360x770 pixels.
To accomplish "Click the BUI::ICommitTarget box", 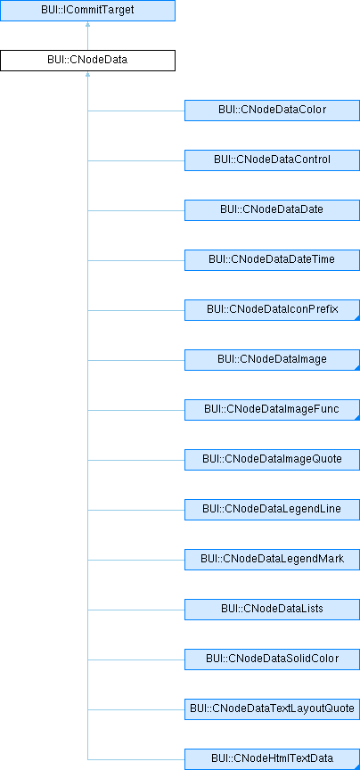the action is pyautogui.click(x=87, y=11).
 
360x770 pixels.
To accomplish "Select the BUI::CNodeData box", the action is pyautogui.click(x=87, y=61).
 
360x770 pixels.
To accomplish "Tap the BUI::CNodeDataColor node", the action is pyautogui.click(x=272, y=111).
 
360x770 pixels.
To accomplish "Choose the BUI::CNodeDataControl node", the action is pyautogui.click(x=272, y=160).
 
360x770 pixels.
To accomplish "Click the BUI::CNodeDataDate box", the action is pyautogui.click(x=272, y=210).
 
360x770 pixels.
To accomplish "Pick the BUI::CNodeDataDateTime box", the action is pyautogui.click(x=272, y=260).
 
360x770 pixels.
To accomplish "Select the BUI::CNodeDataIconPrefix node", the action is pyautogui.click(x=272, y=310).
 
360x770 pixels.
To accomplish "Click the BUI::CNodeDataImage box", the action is pyautogui.click(x=272, y=360).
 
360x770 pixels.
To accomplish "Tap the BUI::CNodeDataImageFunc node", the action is pyautogui.click(x=272, y=410).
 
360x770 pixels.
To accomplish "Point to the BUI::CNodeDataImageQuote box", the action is pyautogui.click(x=272, y=460).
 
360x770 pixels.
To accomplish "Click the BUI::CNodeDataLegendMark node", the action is pyautogui.click(x=272, y=560).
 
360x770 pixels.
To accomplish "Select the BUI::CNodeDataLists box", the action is pyautogui.click(x=272, y=610).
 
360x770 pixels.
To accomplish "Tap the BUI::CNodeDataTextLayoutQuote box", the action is pyautogui.click(x=272, y=709).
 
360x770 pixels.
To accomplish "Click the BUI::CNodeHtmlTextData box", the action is pyautogui.click(x=272, y=759).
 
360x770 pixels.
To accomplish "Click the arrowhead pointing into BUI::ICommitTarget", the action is pyautogui.click(x=87, y=24).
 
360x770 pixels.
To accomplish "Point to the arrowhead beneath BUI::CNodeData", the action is pyautogui.click(x=87, y=74).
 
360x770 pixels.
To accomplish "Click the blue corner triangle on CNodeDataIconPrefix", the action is pyautogui.click(x=357, y=318).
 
